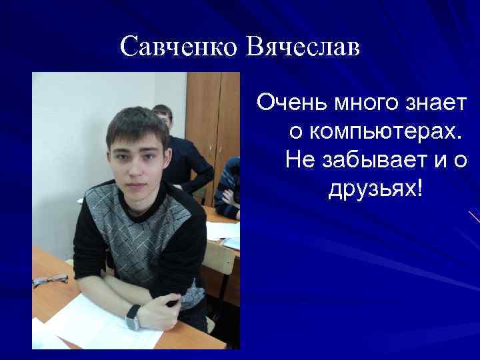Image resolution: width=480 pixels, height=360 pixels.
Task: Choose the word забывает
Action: (x=377, y=160)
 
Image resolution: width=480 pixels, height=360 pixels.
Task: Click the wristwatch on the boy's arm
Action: (x=133, y=317)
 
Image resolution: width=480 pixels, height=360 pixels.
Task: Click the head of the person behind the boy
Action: (x=162, y=117)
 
